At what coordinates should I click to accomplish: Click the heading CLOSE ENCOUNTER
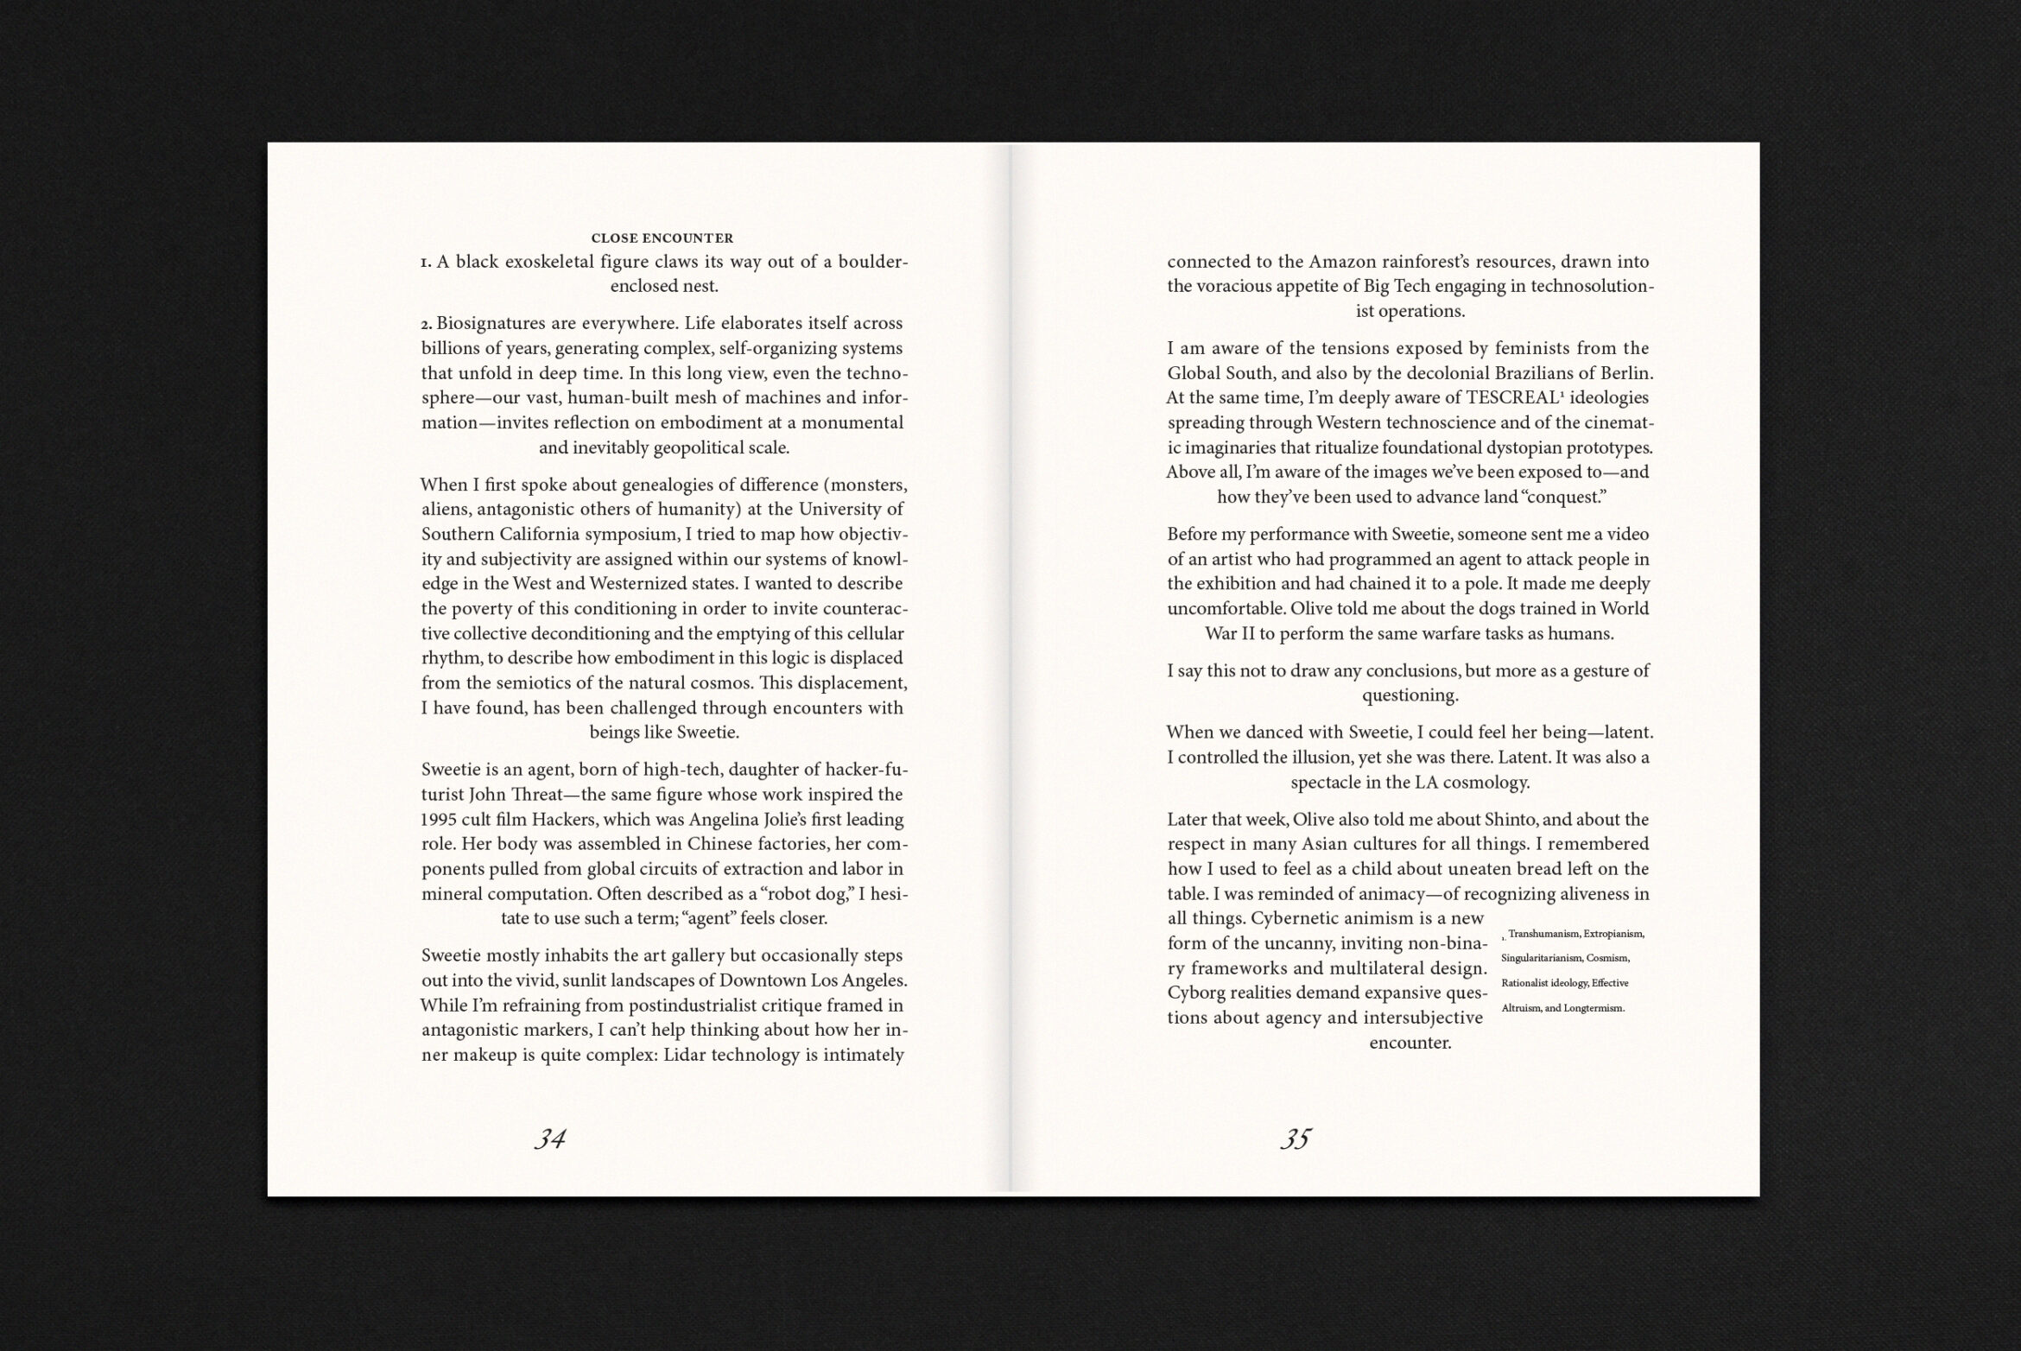point(662,238)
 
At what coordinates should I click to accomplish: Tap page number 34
point(549,1139)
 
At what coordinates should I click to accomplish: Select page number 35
point(1296,1139)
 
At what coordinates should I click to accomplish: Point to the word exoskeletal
point(549,262)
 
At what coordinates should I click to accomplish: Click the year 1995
point(440,820)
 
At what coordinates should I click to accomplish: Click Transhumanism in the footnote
point(1544,935)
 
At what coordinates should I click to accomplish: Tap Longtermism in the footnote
point(1594,1009)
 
